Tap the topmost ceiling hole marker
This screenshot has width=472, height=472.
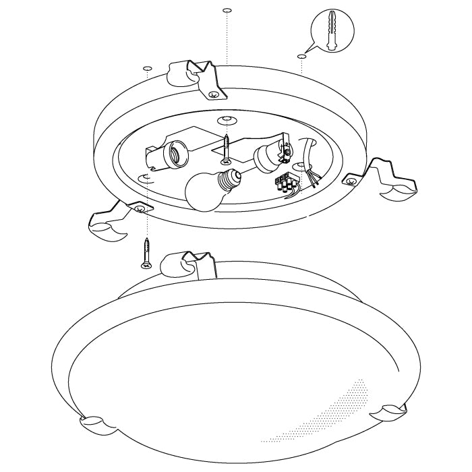tap(227, 11)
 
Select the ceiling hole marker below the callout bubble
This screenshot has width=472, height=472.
tap(300, 57)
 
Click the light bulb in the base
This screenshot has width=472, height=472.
tap(205, 191)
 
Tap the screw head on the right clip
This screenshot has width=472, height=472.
tap(351, 179)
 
